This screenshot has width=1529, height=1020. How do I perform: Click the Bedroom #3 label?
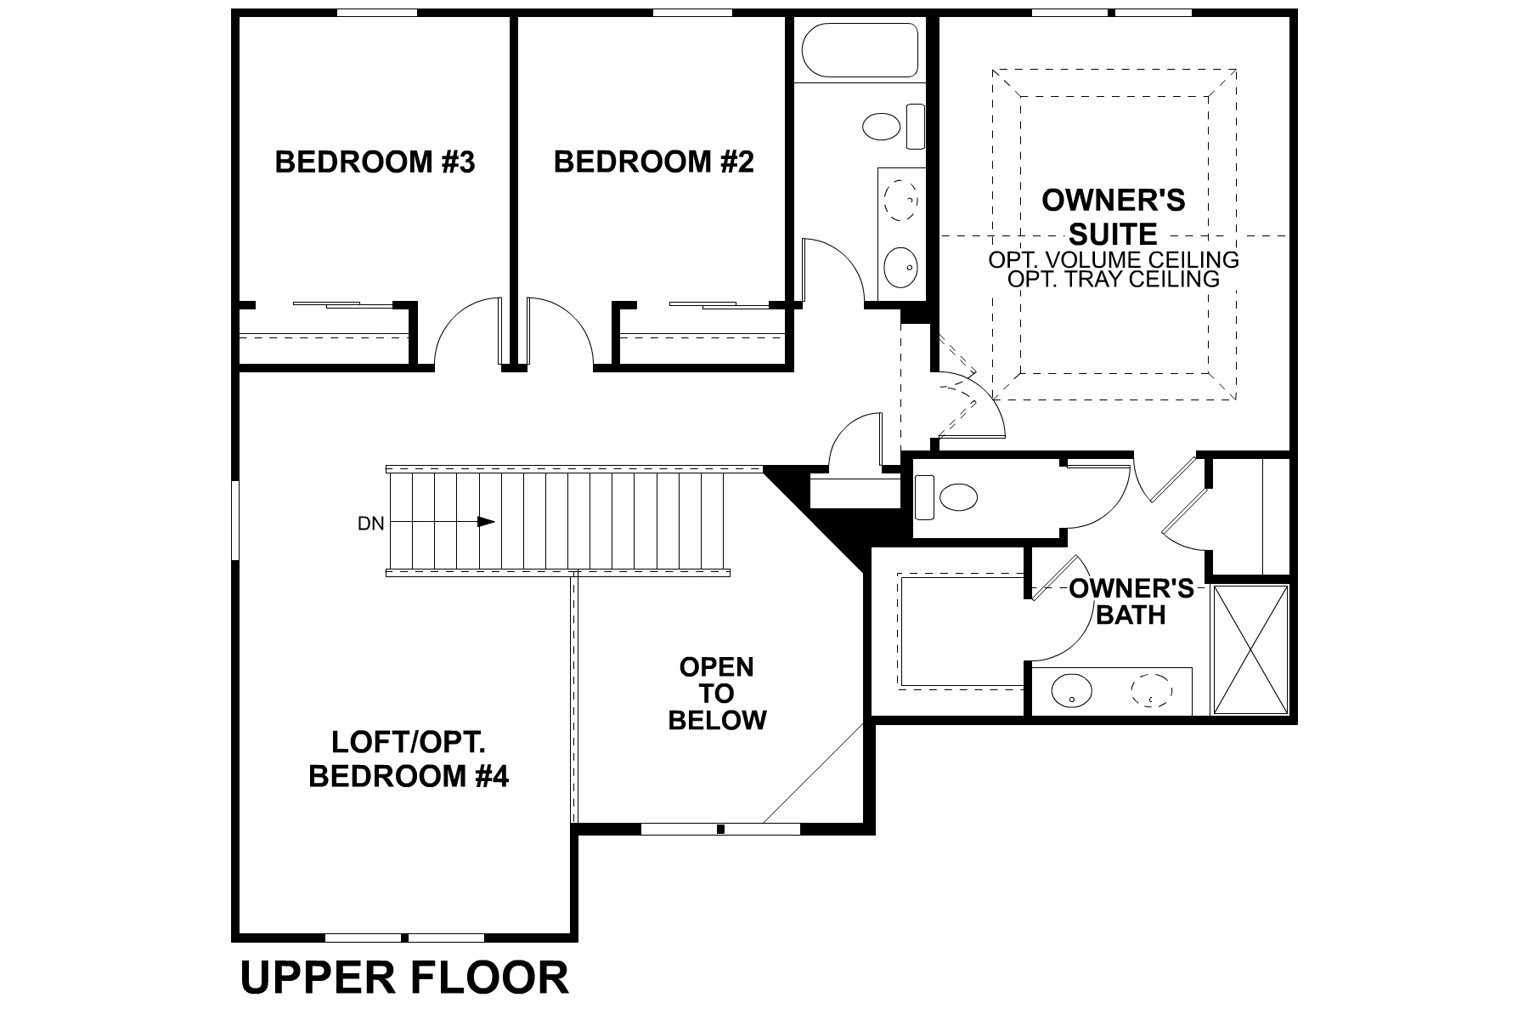pyautogui.click(x=375, y=161)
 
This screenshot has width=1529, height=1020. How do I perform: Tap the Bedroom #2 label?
pyautogui.click(x=653, y=161)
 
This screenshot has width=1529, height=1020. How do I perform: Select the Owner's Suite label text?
pyautogui.click(x=1113, y=217)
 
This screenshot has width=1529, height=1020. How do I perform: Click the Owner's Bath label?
pyautogui.click(x=1131, y=601)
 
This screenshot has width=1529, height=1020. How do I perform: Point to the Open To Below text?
pyautogui.click(x=717, y=694)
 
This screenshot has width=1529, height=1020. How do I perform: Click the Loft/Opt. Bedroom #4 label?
pyautogui.click(x=408, y=759)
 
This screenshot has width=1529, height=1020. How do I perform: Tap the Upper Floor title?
pyautogui.click(x=404, y=977)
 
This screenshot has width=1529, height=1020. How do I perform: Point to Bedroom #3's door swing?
pyautogui.click(x=467, y=336)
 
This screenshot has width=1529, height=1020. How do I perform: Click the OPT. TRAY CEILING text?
pyautogui.click(x=1113, y=279)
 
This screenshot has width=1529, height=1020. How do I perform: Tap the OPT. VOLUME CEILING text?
pyautogui.click(x=1113, y=259)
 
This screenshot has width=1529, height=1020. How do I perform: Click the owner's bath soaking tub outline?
pyautogui.click(x=960, y=631)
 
